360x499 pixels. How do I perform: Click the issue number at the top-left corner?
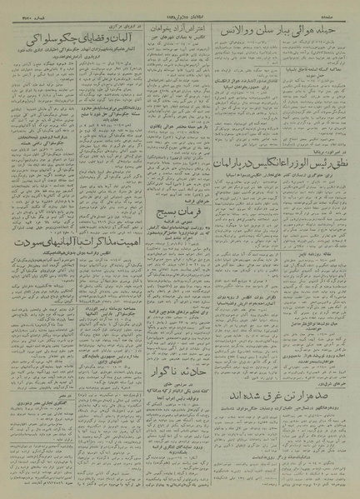click(24, 11)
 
